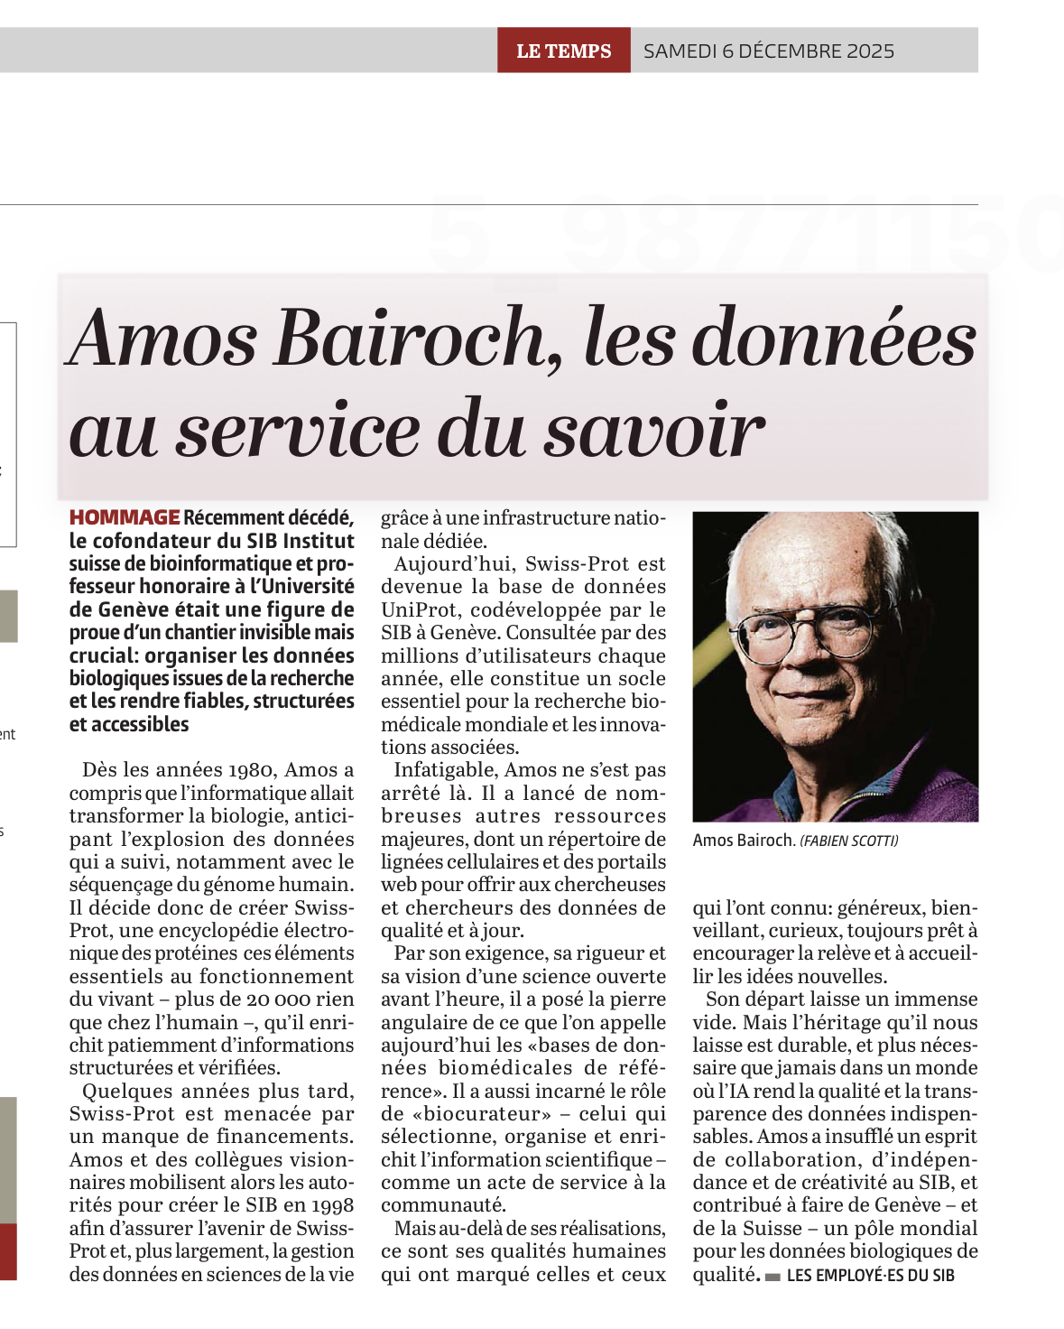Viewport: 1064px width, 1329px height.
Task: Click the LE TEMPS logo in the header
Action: coord(563,51)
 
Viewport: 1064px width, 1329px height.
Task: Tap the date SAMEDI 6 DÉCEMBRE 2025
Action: coord(769,51)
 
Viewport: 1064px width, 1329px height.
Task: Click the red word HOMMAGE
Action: coord(125,517)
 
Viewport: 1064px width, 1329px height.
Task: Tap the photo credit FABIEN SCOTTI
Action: coord(849,841)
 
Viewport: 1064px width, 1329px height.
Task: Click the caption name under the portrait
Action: coord(743,841)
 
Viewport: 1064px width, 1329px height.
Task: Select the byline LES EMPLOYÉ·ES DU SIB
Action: coord(870,1275)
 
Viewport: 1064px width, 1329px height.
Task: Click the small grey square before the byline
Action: coord(773,1277)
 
